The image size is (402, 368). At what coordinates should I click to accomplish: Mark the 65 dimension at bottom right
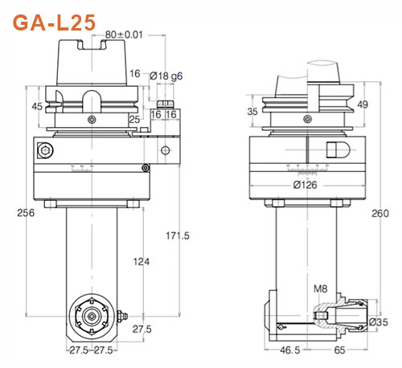[340, 351]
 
